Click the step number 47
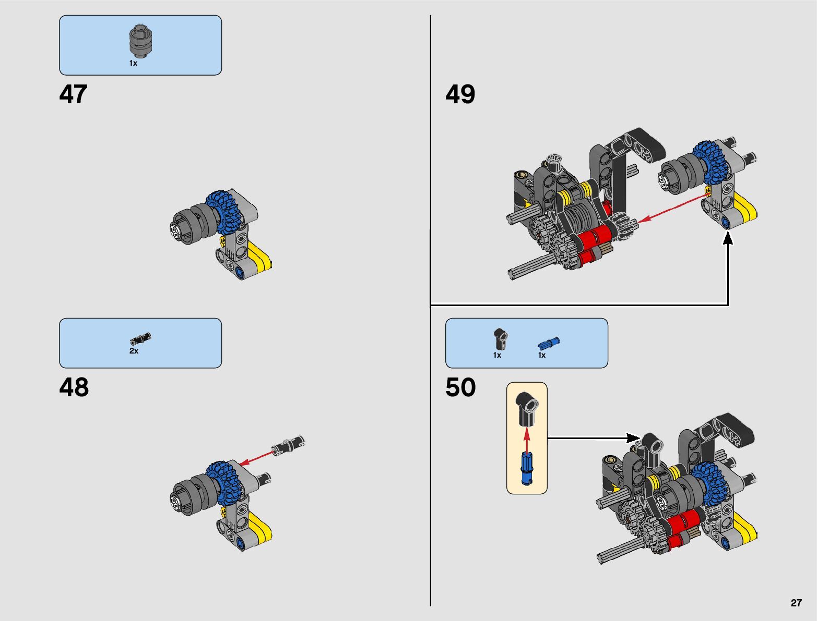click(73, 95)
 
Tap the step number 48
click(74, 388)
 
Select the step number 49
click(460, 95)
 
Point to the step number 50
click(460, 388)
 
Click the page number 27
click(796, 603)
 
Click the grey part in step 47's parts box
click(140, 41)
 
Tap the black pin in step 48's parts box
click(140, 339)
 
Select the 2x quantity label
click(134, 351)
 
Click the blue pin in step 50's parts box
click(548, 344)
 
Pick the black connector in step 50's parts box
click(501, 339)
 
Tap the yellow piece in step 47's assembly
click(261, 257)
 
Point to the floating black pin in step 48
click(289, 445)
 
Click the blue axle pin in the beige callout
click(527, 468)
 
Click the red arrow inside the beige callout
click(527, 440)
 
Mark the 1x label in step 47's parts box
click(133, 63)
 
